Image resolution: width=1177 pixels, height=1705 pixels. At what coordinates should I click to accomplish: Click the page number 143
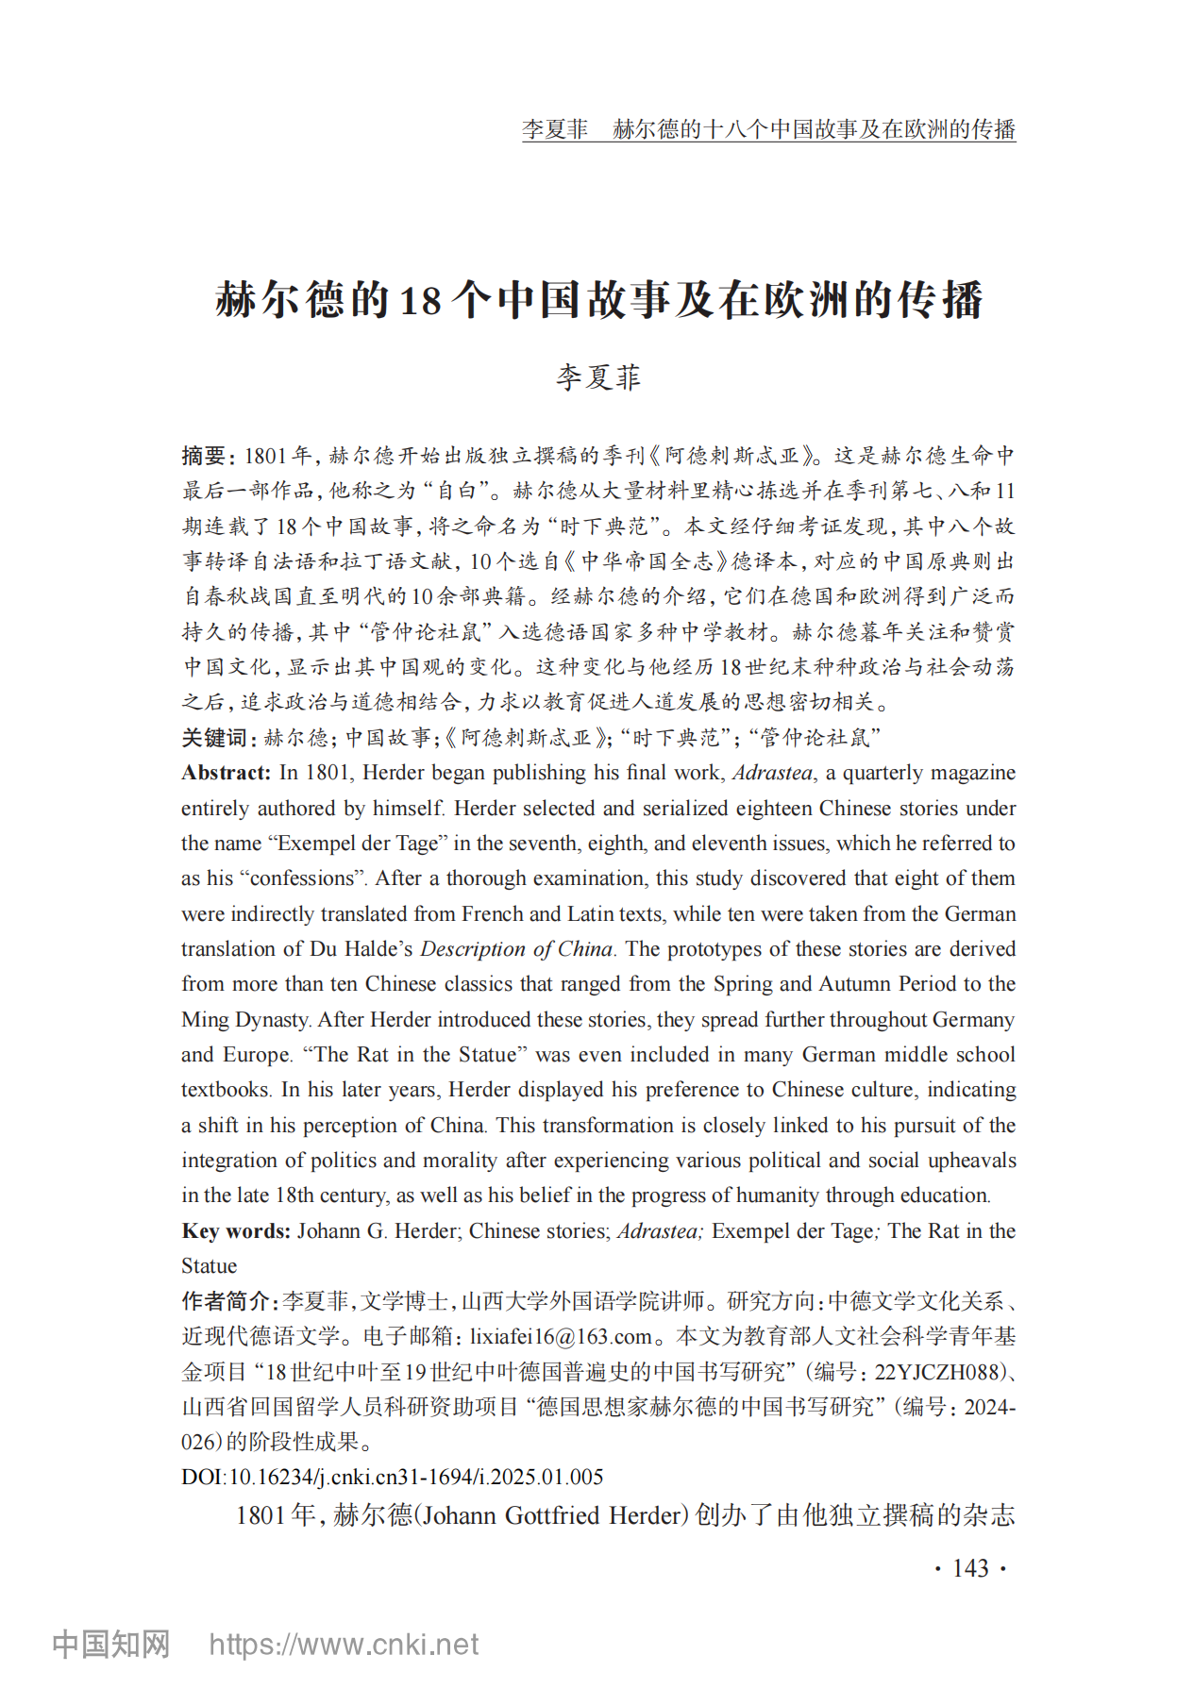click(970, 1568)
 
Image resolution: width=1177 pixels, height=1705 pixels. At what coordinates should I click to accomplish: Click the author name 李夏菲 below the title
click(598, 377)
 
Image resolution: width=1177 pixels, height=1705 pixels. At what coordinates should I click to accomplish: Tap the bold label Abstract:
click(227, 773)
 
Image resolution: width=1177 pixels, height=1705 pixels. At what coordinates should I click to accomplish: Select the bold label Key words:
click(236, 1231)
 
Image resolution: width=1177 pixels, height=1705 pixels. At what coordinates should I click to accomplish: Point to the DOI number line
click(392, 1478)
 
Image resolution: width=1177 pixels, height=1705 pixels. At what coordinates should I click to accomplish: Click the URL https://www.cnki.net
click(344, 1645)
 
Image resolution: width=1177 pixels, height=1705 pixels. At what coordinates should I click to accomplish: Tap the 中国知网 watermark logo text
click(111, 1645)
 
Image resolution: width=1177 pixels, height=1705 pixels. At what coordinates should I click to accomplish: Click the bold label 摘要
click(204, 457)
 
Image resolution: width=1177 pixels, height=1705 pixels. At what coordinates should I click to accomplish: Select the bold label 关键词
click(215, 738)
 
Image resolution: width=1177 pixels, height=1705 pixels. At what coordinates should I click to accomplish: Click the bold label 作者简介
click(227, 1302)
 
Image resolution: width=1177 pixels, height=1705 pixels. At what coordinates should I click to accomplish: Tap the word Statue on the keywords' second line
click(210, 1266)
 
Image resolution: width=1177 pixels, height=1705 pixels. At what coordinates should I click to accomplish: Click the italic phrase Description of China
click(516, 949)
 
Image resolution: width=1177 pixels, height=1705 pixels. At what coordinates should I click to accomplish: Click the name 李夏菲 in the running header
click(555, 129)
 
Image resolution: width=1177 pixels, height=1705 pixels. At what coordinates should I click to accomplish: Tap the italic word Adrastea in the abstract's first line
click(772, 773)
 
